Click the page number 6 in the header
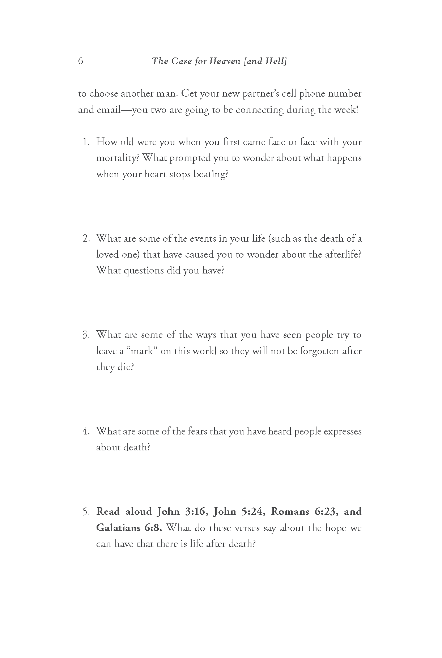click(x=80, y=61)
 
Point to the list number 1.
click(x=86, y=142)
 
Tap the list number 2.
click(x=86, y=238)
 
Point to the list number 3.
click(x=86, y=335)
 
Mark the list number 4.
click(x=86, y=431)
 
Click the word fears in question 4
click(x=197, y=431)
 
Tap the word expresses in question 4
click(x=343, y=432)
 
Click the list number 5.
click(x=86, y=512)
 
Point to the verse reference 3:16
click(x=195, y=511)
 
